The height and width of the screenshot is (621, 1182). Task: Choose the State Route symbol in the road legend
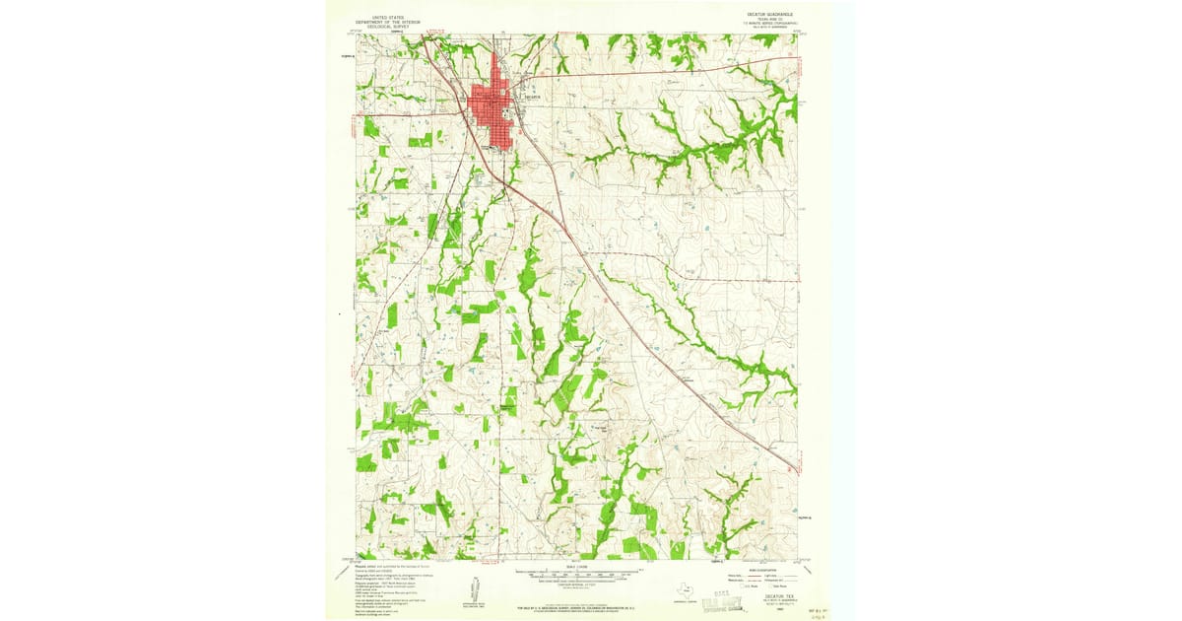778,587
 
